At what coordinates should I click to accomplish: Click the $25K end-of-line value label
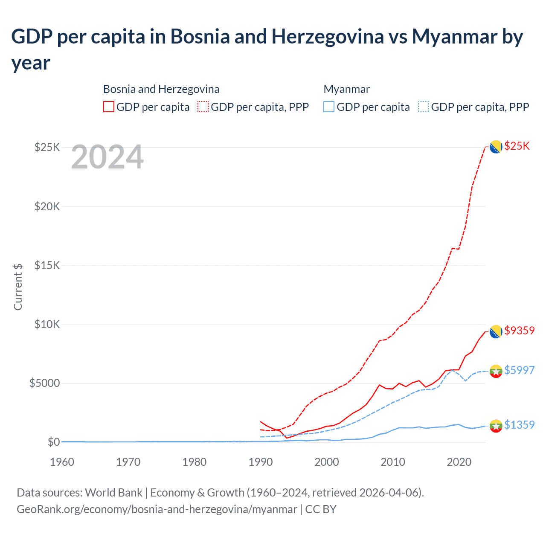click(517, 146)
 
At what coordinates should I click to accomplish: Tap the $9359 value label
click(519, 331)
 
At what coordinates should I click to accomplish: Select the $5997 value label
click(519, 370)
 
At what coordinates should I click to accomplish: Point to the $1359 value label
click(519, 425)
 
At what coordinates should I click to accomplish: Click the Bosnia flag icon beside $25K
click(496, 147)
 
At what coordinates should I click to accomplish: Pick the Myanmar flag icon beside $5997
click(496, 371)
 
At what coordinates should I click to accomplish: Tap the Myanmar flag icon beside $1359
click(496, 426)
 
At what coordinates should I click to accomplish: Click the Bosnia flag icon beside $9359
click(496, 331)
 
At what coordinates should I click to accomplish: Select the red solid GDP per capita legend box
click(109, 107)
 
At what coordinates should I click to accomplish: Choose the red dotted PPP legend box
click(203, 107)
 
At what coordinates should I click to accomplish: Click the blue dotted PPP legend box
click(424, 107)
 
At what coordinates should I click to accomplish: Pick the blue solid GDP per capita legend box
click(329, 107)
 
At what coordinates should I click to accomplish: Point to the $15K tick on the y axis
click(47, 265)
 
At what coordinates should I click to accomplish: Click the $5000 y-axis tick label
click(44, 383)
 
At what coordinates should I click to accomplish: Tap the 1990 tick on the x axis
click(261, 462)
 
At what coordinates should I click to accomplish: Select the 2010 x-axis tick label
click(393, 462)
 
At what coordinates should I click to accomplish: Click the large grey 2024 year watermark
click(107, 157)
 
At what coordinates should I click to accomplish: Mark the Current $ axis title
click(18, 287)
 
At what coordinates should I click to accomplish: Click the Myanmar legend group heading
click(346, 89)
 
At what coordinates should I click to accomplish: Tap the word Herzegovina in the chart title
click(328, 36)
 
